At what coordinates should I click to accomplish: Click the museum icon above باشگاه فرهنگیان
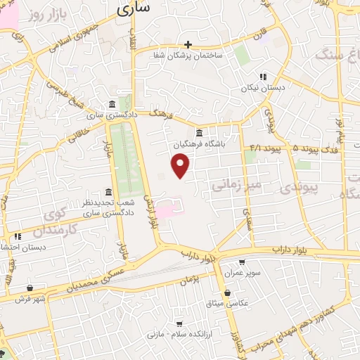coord(199,132)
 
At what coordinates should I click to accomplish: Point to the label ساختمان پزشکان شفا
coord(188,54)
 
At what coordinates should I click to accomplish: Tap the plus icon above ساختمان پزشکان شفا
coord(188,44)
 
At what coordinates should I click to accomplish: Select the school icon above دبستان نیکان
coord(262,77)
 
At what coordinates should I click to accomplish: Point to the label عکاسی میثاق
coord(242,304)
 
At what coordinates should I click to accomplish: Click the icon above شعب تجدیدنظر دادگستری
coord(108,192)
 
